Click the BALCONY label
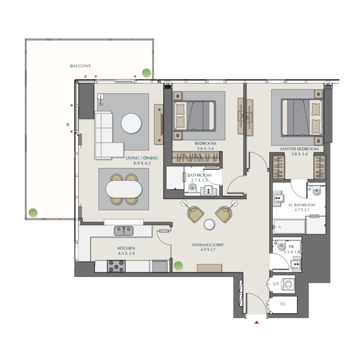pyautogui.click(x=80, y=66)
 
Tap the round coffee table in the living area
pyautogui.click(x=131, y=123)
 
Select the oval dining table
pyautogui.click(x=124, y=189)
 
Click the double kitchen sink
pyautogui.click(x=123, y=231)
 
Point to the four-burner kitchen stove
pyautogui.click(x=116, y=267)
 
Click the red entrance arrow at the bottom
pyautogui.click(x=257, y=322)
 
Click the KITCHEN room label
pyautogui.click(x=126, y=248)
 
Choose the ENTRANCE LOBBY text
pyautogui.click(x=208, y=245)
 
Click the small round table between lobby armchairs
pyautogui.click(x=209, y=224)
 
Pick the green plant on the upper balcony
pyautogui.click(x=146, y=72)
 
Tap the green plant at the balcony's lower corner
pyautogui.click(x=33, y=212)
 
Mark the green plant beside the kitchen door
pyautogui.click(x=178, y=266)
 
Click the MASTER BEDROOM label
pyautogui.click(x=299, y=149)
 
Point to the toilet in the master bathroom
pyautogui.click(x=316, y=191)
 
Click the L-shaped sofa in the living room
pyautogui.click(x=106, y=136)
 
